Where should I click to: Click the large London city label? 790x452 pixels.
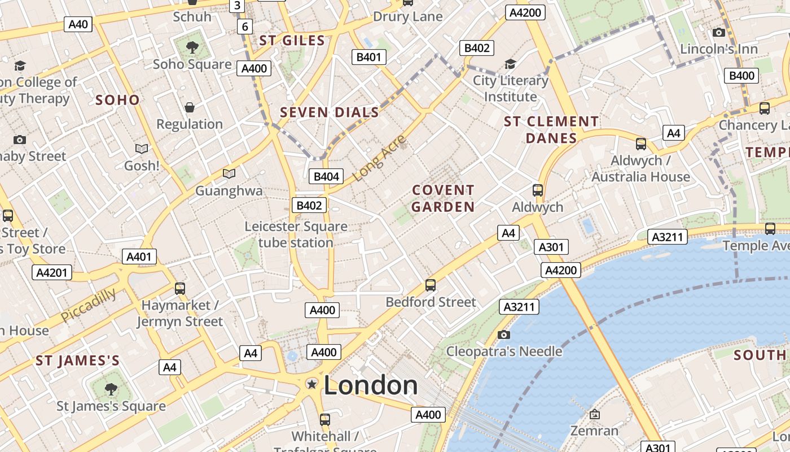click(371, 385)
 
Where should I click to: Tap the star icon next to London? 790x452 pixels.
click(311, 384)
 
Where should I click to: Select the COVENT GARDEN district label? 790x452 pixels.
click(443, 198)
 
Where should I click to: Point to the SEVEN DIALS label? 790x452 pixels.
click(330, 112)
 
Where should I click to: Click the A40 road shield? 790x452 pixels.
click(78, 24)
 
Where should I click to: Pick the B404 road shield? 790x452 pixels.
click(326, 176)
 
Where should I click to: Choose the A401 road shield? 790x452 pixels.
click(139, 257)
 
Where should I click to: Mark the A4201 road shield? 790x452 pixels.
click(52, 273)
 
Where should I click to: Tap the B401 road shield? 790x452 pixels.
click(369, 56)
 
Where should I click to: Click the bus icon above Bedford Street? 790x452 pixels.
click(431, 285)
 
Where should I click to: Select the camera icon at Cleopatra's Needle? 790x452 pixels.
click(504, 334)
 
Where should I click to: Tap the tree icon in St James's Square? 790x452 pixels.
click(111, 389)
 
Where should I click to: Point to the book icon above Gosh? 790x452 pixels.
click(142, 149)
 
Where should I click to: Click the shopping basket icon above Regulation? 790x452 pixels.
click(190, 107)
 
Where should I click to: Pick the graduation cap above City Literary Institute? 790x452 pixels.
click(510, 64)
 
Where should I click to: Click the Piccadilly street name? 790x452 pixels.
click(89, 305)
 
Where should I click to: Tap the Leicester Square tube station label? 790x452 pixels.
click(296, 234)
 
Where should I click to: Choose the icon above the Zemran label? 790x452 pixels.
click(594, 414)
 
